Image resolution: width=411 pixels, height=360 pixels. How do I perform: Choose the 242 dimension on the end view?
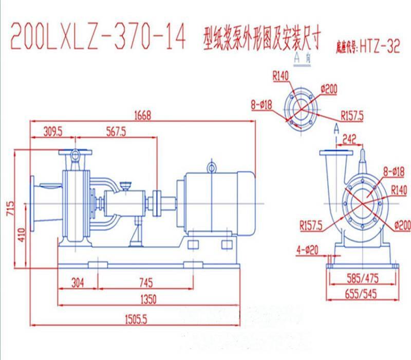click(349, 137)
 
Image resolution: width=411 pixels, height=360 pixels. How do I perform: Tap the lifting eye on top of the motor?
click(212, 167)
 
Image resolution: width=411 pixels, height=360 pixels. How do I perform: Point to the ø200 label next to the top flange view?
click(328, 89)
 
